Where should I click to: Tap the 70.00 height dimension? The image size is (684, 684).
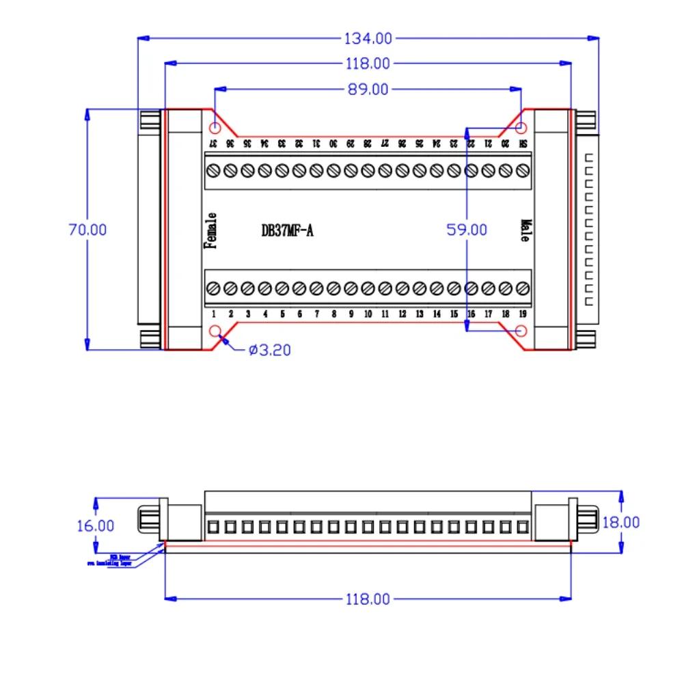pyautogui.click(x=87, y=230)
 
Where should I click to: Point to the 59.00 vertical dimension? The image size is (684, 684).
pyautogui.click(x=467, y=230)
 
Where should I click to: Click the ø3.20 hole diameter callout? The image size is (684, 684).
pyautogui.click(x=270, y=351)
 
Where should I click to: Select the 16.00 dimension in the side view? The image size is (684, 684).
pyautogui.click(x=95, y=525)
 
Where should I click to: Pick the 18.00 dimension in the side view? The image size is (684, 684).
pyautogui.click(x=621, y=522)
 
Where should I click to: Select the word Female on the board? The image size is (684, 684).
pyautogui.click(x=211, y=230)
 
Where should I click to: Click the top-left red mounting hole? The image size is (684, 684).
pyautogui.click(x=215, y=128)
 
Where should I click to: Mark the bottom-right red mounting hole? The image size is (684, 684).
pyautogui.click(x=521, y=331)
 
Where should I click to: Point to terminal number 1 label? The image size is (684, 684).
pyautogui.click(x=213, y=314)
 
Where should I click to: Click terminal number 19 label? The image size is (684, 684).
pyautogui.click(x=523, y=314)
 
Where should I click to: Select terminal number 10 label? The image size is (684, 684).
pyautogui.click(x=368, y=314)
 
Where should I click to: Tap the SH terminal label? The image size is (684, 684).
pyautogui.click(x=523, y=144)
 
